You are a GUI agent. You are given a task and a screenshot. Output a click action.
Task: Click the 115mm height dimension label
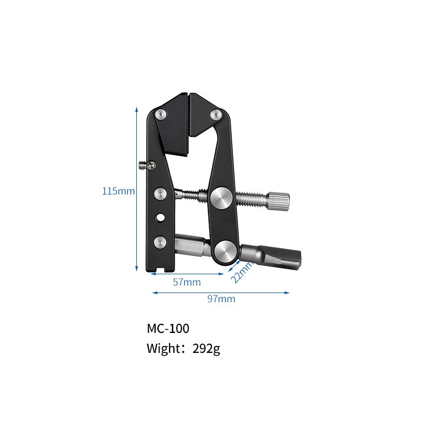pyautogui.click(x=119, y=191)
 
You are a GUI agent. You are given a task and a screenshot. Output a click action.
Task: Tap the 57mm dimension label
pyautogui.click(x=187, y=282)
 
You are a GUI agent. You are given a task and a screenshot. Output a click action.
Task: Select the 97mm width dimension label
pyautogui.click(x=221, y=299)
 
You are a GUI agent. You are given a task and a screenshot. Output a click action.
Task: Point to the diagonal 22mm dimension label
pyautogui.click(x=242, y=272)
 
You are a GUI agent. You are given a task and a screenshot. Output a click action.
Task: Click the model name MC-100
pyautogui.click(x=168, y=329)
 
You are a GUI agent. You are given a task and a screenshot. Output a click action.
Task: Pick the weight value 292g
pyautogui.click(x=206, y=349)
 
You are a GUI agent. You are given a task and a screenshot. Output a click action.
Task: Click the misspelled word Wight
pyautogui.click(x=163, y=349)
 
